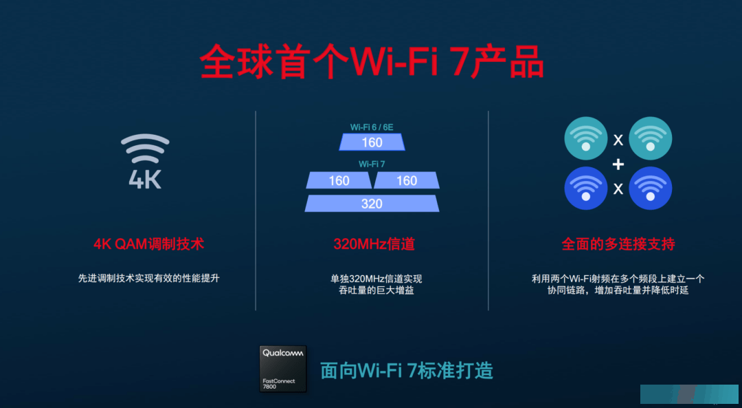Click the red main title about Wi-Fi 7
coord(372,62)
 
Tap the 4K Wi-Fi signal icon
coord(145,162)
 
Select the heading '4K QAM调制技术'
coord(148,244)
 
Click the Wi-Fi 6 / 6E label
coord(372,127)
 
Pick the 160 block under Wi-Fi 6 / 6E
coord(372,142)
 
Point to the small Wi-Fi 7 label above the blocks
coord(372,164)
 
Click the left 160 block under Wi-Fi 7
coord(339,180)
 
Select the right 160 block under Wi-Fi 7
coord(407,180)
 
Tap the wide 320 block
coord(372,204)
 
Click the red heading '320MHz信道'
coord(374,244)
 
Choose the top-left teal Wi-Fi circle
coord(586,138)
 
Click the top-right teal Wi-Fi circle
coord(650,138)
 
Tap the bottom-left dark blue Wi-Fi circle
coord(586,188)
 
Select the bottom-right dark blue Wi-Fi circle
coord(650,188)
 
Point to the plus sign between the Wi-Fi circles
coord(618,164)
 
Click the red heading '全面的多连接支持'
coord(618,244)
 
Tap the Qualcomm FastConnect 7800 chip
coord(283,369)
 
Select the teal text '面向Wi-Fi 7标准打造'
coord(407,371)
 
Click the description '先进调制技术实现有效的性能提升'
coord(148,278)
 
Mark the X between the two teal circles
coord(618,140)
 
